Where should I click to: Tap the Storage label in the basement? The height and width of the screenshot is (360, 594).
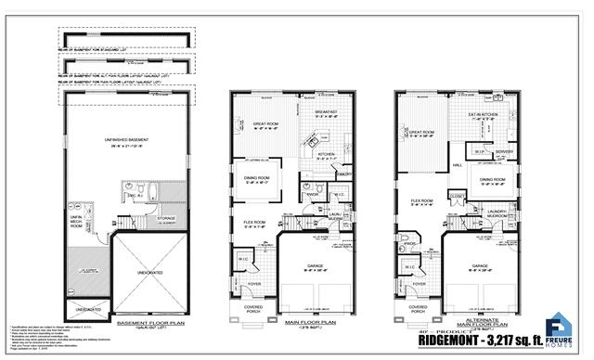[168, 220]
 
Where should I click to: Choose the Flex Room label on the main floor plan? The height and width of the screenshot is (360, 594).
[254, 223]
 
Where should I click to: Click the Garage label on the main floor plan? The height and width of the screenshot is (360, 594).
[316, 268]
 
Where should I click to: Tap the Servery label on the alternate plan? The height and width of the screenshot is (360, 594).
[504, 151]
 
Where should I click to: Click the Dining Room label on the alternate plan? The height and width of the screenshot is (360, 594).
[492, 179]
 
